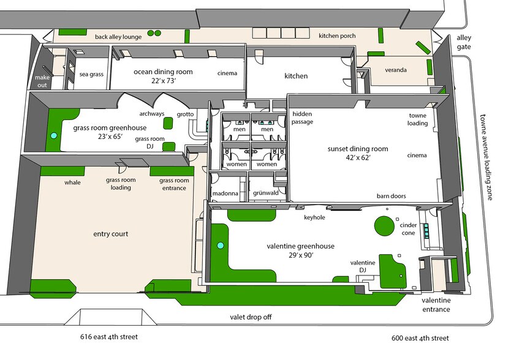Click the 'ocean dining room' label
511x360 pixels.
[163, 72]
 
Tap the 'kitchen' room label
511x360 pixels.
[296, 76]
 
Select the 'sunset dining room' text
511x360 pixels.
[357, 149]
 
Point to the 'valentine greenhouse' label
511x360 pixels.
[300, 246]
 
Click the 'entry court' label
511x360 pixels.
[110, 234]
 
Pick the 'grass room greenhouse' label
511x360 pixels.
[110, 128]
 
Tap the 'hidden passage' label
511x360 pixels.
[302, 118]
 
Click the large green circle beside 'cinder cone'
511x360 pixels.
[384, 226]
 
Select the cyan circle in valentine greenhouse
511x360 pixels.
[221, 246]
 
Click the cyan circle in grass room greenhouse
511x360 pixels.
[53, 135]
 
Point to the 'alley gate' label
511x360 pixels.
[463, 42]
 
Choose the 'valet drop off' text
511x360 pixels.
[251, 317]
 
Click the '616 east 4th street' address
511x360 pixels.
[109, 337]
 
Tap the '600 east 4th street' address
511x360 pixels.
[420, 338]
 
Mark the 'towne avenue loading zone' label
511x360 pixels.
[486, 157]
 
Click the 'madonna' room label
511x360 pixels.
[225, 193]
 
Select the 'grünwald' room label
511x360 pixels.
[265, 193]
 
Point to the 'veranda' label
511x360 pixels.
[396, 70]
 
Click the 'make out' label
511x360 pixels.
[42, 81]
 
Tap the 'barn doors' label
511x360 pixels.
[391, 196]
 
